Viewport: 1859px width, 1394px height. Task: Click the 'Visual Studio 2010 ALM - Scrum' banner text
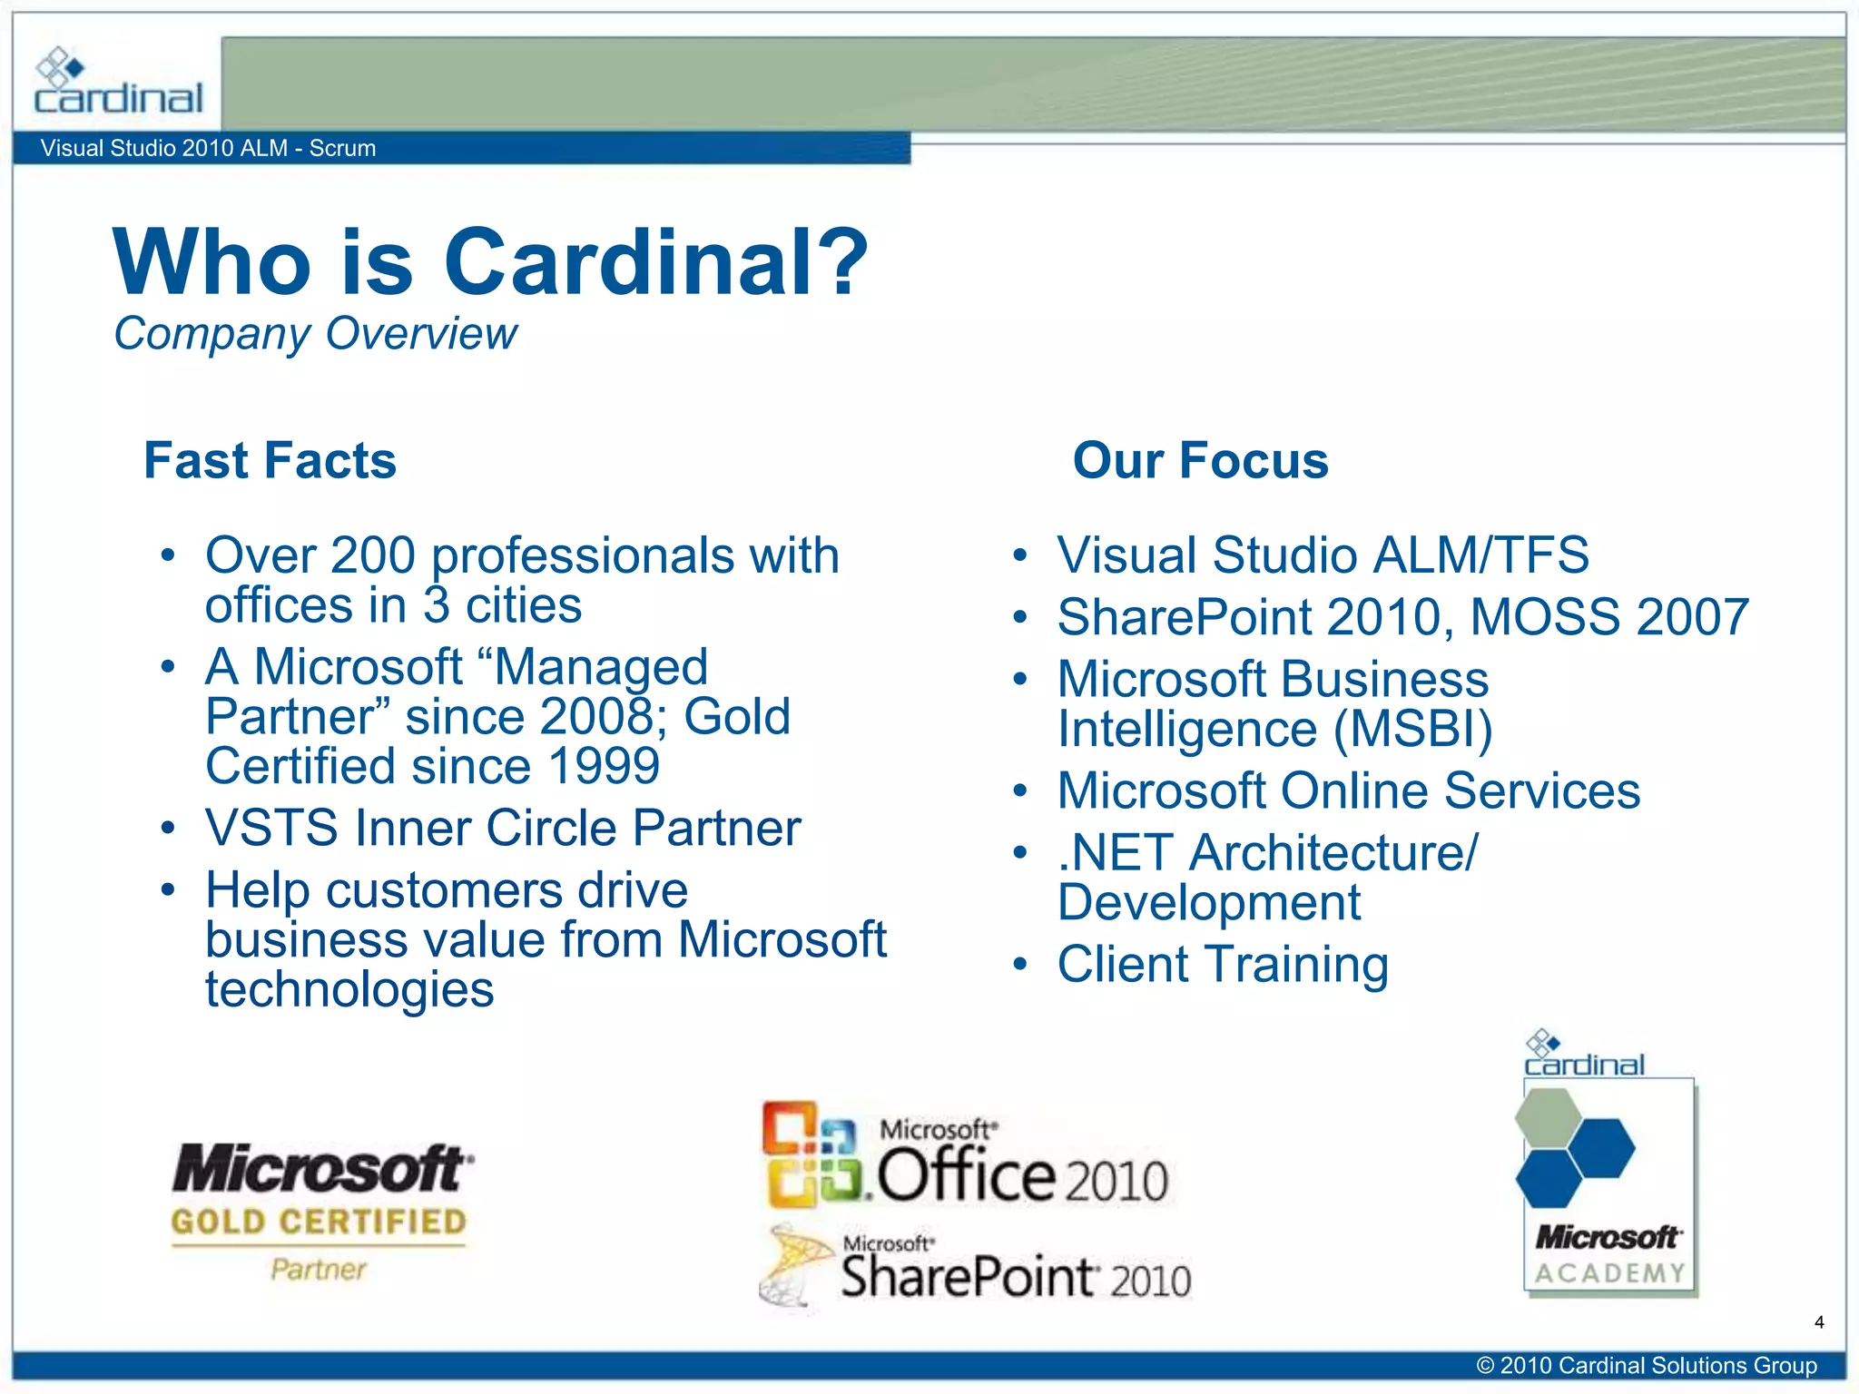coord(208,148)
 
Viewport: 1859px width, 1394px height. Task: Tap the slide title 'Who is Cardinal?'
coord(490,262)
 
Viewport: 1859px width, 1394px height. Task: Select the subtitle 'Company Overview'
coord(315,334)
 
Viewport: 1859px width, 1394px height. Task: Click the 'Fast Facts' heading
coord(270,460)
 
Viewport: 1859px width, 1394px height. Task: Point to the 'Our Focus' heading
coord(1200,460)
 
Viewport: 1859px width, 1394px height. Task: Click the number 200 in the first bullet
coord(373,555)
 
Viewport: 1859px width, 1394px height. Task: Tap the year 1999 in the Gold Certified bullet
coord(605,766)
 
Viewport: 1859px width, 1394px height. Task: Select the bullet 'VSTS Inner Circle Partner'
coord(503,828)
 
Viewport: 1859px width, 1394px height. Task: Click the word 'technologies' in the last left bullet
coord(349,989)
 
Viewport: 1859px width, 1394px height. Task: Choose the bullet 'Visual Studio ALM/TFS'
coord(1323,555)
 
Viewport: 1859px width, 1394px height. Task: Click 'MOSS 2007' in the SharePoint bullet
coord(1608,617)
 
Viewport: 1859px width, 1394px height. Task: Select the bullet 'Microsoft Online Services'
coord(1349,790)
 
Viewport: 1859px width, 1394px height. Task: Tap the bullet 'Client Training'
coord(1223,964)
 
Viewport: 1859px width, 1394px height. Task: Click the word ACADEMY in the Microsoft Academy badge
coord(1609,1273)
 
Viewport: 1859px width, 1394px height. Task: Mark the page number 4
coord(1818,1322)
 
